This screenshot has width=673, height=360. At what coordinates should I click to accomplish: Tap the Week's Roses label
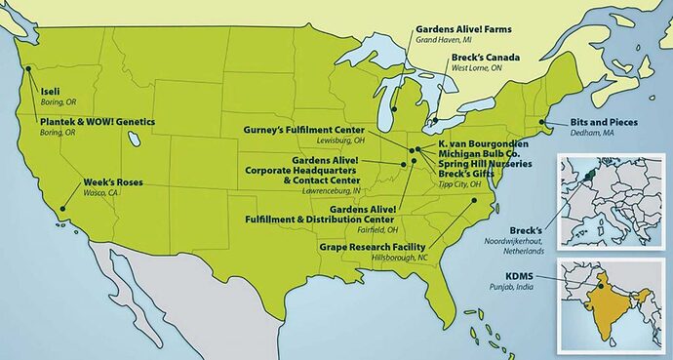(111, 181)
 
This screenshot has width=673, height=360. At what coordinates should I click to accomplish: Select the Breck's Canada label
(485, 59)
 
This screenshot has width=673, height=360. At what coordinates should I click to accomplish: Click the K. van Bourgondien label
(485, 142)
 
